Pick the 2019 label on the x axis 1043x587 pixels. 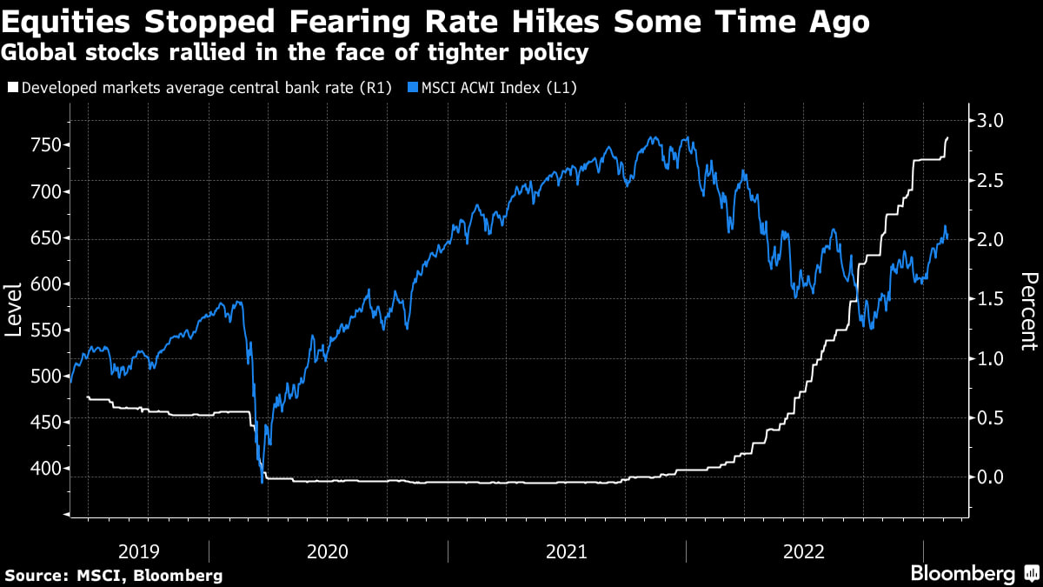pyautogui.click(x=139, y=550)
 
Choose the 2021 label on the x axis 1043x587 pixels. pyautogui.click(x=566, y=550)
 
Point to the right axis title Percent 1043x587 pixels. pyautogui.click(x=1029, y=310)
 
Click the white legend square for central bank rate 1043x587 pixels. pyautogui.click(x=11, y=87)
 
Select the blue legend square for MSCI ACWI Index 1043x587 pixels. pyautogui.click(x=414, y=87)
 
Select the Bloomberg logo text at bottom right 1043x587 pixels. pyautogui.click(x=961, y=573)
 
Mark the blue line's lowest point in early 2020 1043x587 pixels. pyautogui.click(x=262, y=483)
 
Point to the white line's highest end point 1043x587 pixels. pyautogui.click(x=947, y=137)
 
